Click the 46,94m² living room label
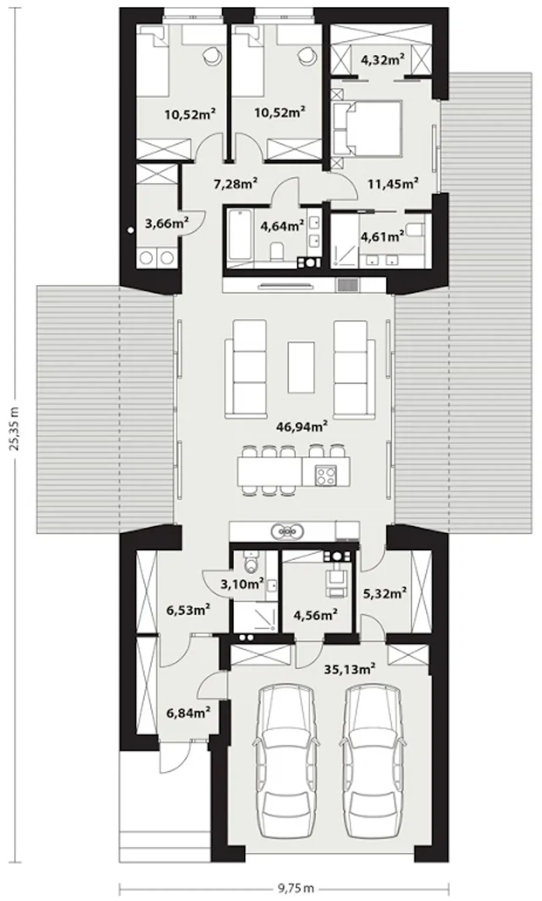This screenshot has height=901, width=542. click(302, 426)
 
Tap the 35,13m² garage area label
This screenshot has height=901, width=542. click(350, 669)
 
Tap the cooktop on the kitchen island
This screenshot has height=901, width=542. click(326, 475)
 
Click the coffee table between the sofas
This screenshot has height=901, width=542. click(301, 367)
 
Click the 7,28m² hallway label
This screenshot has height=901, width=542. click(236, 184)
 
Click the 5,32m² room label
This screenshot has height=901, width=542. click(385, 593)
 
